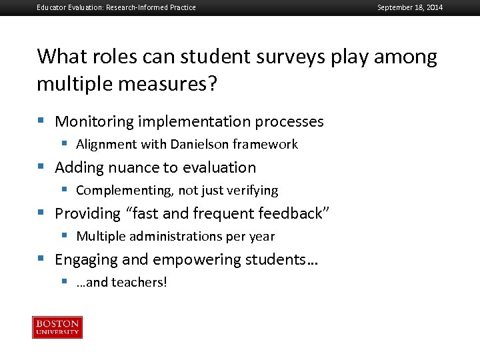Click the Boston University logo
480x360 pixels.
coord(57,327)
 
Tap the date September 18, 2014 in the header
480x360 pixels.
coord(409,7)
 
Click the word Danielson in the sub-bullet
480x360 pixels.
coord(199,144)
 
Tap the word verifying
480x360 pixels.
coord(252,191)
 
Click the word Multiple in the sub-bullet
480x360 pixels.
coord(100,236)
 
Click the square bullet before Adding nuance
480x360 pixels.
coord(41,167)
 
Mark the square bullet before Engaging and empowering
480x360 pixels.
coord(41,259)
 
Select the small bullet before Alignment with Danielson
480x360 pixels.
coord(65,144)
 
